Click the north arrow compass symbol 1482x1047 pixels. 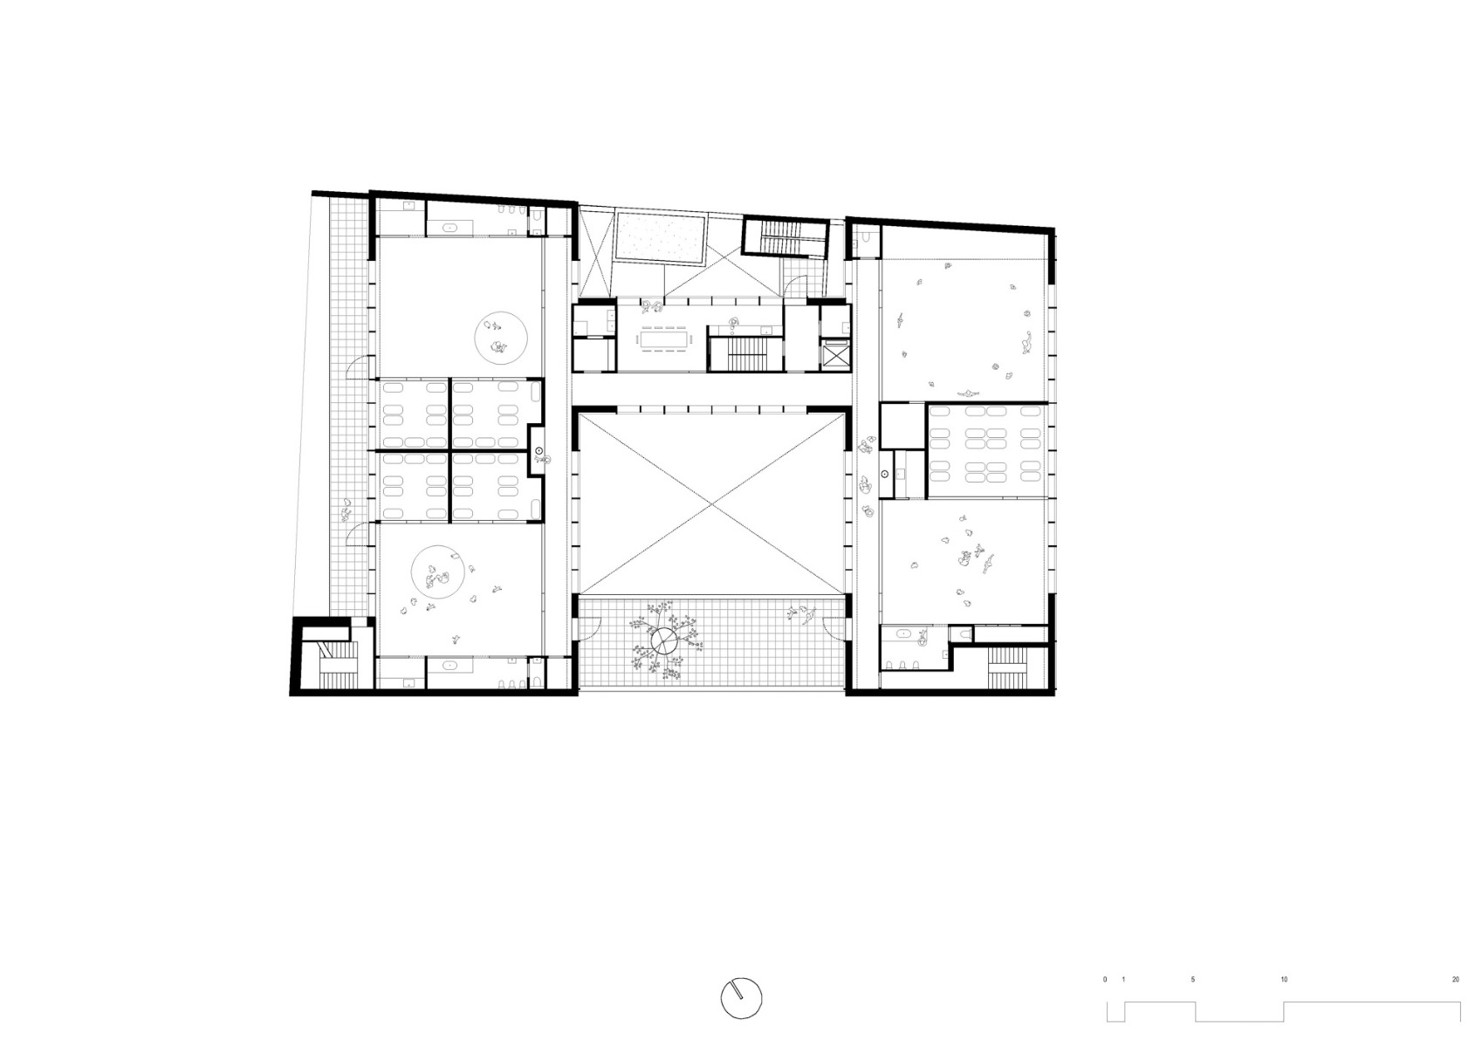pyautogui.click(x=742, y=997)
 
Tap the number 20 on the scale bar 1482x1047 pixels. pyautogui.click(x=1455, y=980)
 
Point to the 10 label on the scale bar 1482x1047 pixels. pyautogui.click(x=1284, y=980)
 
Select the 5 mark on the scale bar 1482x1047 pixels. pyautogui.click(x=1193, y=980)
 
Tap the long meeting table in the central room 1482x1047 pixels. pyautogui.click(x=664, y=337)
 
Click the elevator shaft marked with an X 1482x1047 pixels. pyautogui.click(x=835, y=354)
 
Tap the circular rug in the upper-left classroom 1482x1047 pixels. pyautogui.click(x=501, y=338)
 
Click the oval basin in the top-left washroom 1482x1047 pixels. pyautogui.click(x=451, y=227)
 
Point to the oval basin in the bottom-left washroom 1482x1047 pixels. pyautogui.click(x=451, y=666)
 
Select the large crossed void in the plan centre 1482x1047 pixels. pyautogui.click(x=711, y=503)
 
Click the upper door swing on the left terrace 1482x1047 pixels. pyautogui.click(x=360, y=370)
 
